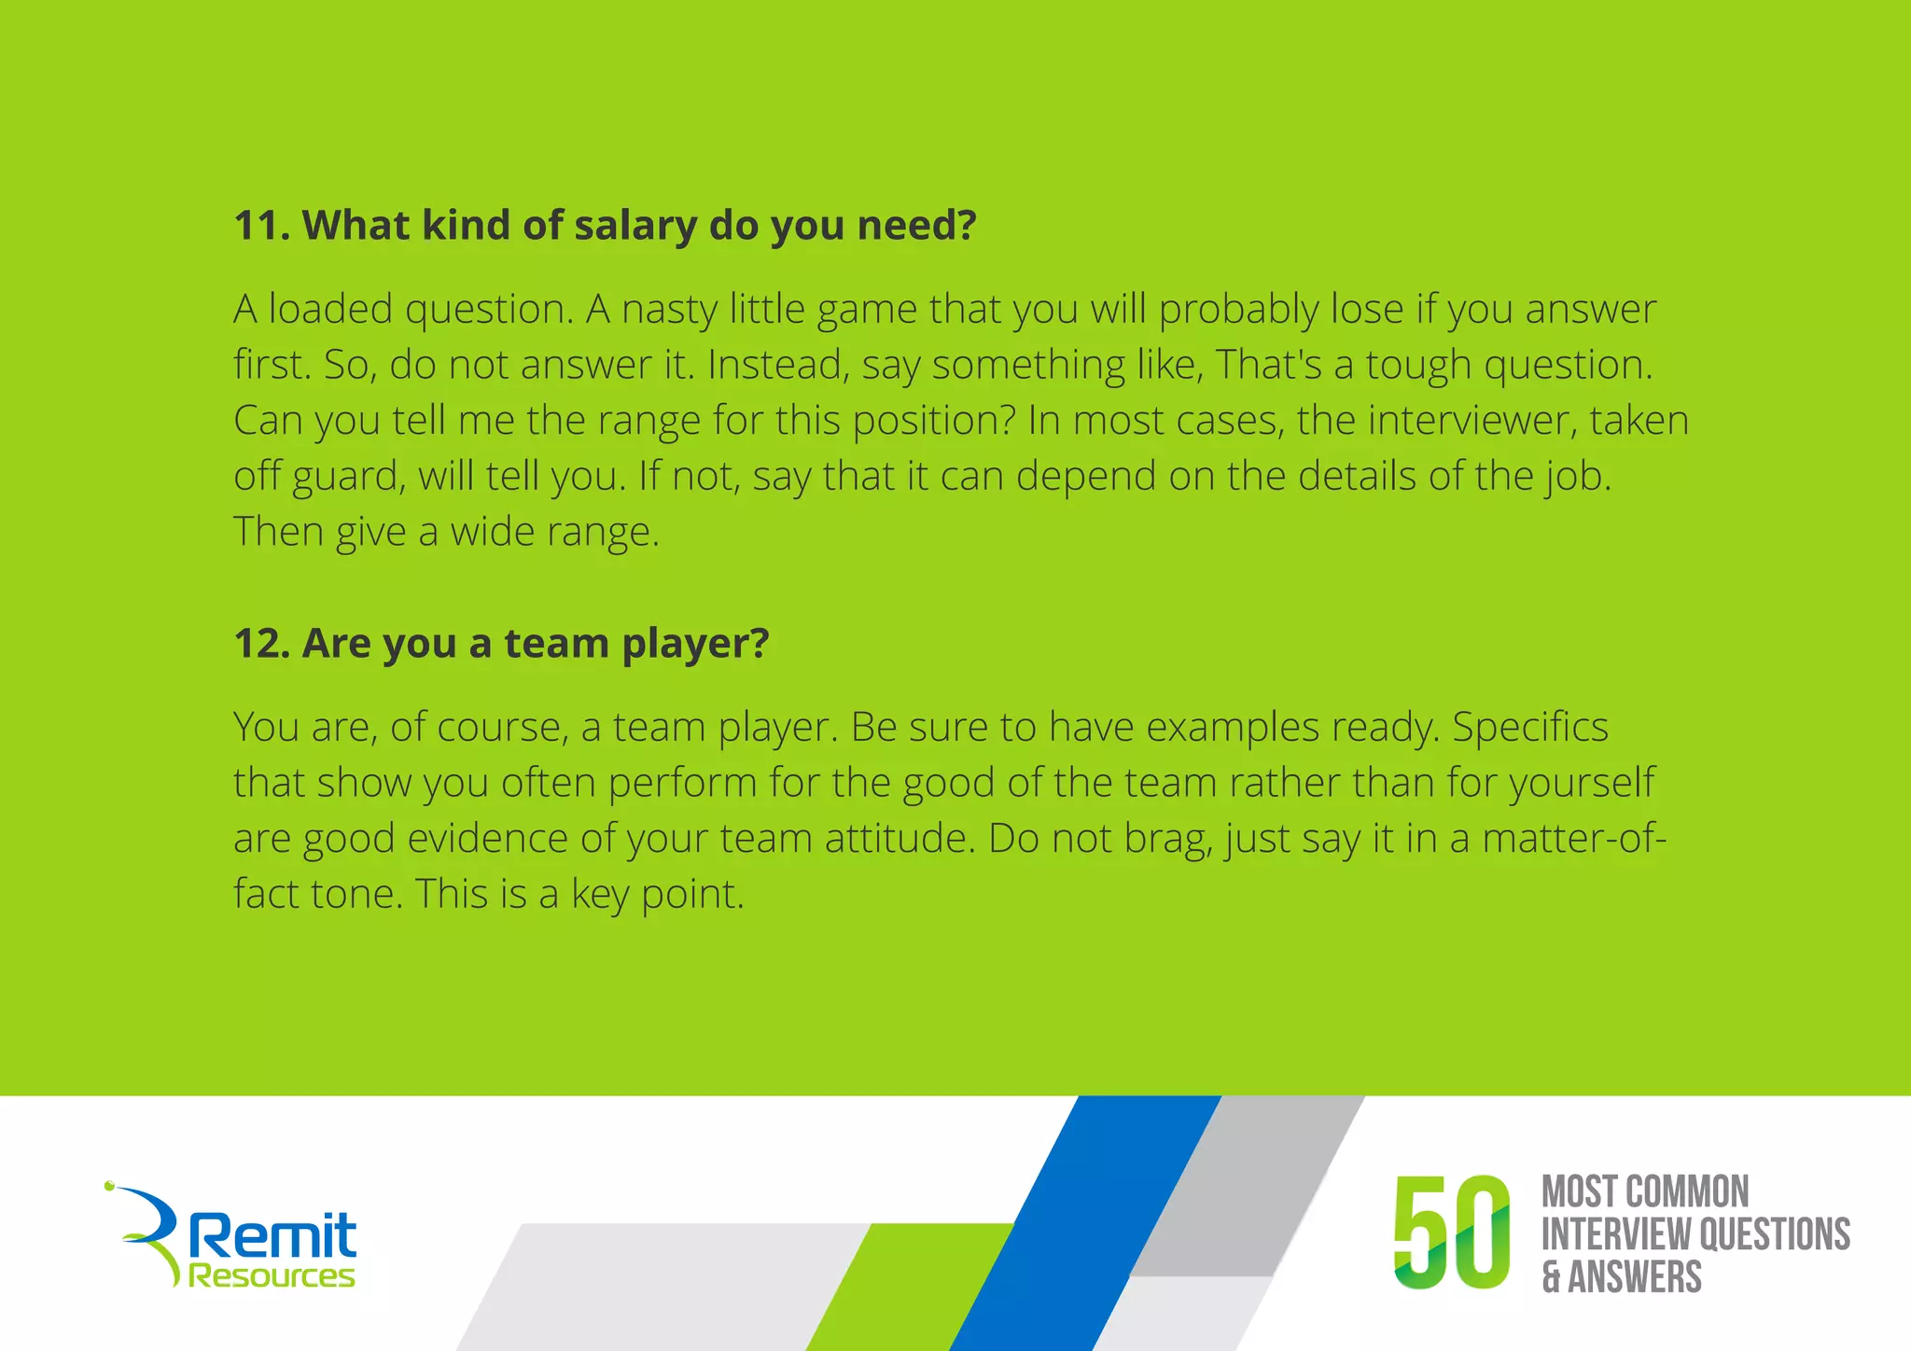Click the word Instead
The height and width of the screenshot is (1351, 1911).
[x=778, y=366]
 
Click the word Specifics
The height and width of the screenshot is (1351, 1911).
[x=1530, y=728]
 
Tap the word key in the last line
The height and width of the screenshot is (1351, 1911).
[x=600, y=895]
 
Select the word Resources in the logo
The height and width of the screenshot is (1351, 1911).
[x=272, y=1275]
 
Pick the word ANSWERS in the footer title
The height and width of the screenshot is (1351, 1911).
[x=1635, y=1277]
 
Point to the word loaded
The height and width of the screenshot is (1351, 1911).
[x=330, y=310]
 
